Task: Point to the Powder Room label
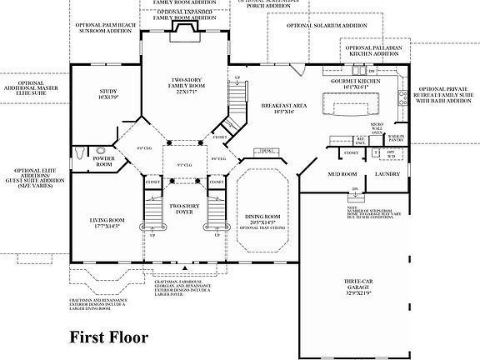click(x=104, y=161)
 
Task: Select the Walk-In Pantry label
click(x=396, y=137)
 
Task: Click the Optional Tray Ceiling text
click(x=262, y=228)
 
